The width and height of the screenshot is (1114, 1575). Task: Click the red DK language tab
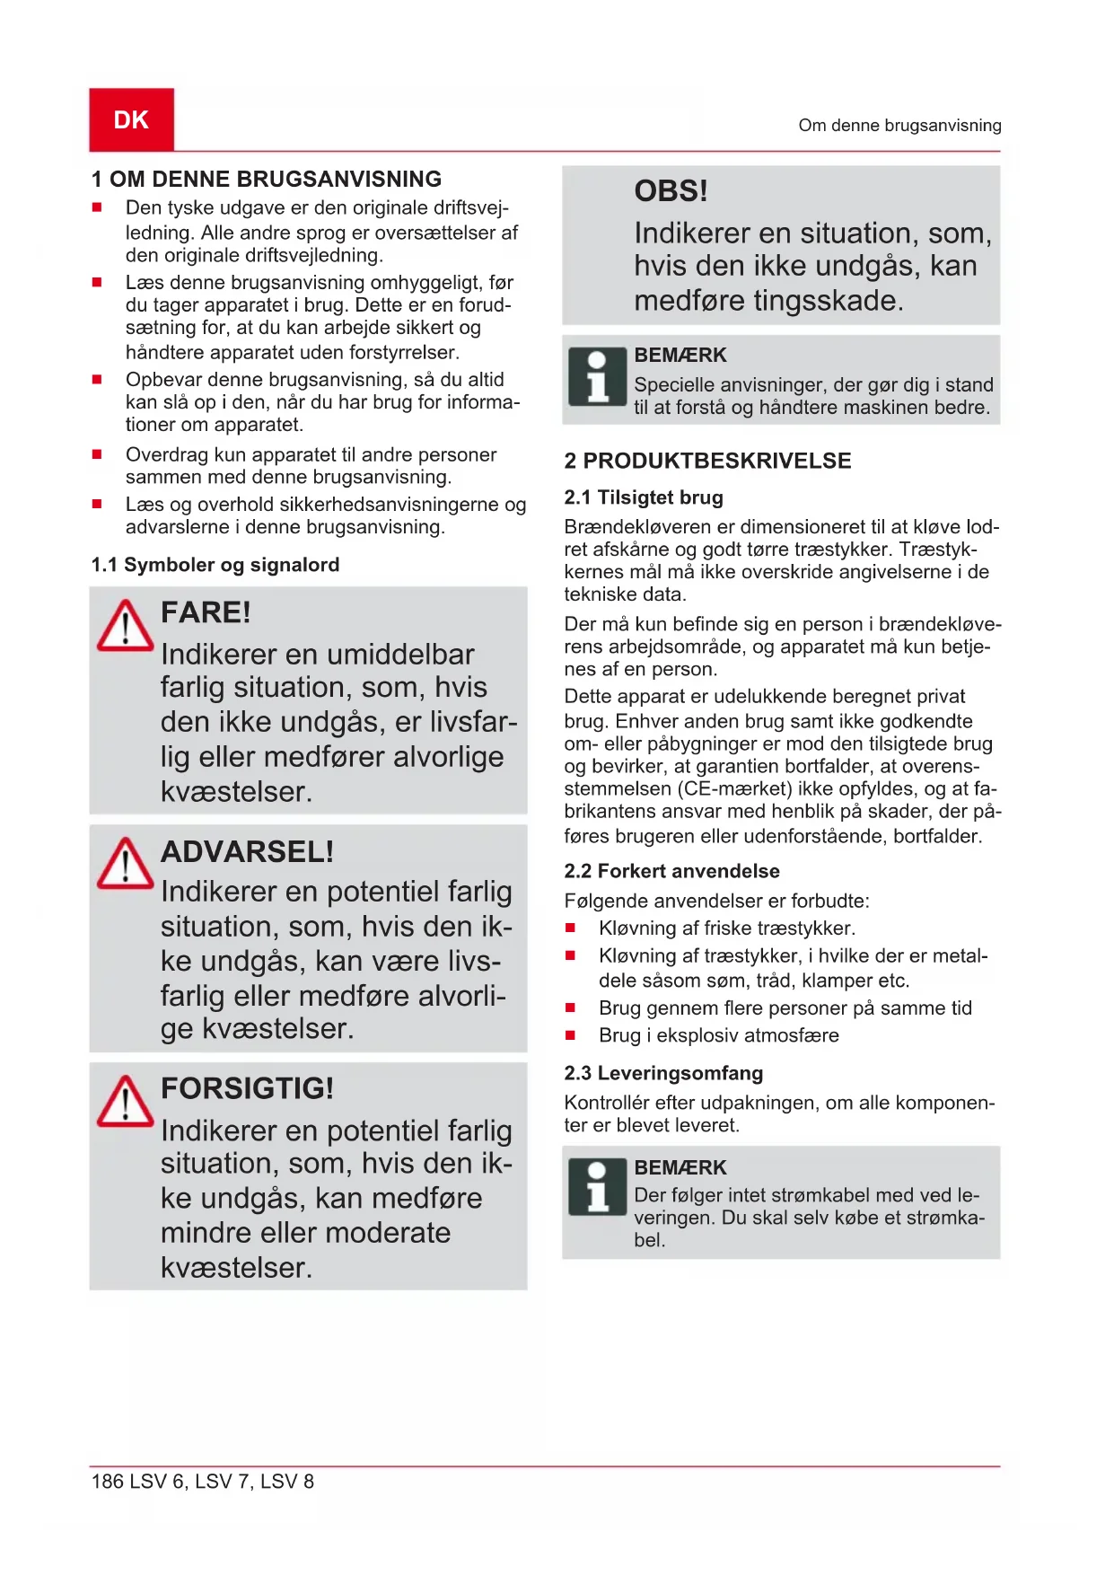click(131, 119)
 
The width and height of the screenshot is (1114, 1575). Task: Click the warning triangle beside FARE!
click(125, 625)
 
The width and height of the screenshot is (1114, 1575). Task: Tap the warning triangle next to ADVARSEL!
click(125, 864)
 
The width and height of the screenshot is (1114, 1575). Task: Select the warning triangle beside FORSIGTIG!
click(125, 1101)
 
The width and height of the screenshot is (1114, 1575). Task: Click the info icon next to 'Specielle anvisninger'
click(597, 376)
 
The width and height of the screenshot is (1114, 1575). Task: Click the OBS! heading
click(671, 191)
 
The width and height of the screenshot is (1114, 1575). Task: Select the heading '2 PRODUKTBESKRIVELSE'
click(707, 461)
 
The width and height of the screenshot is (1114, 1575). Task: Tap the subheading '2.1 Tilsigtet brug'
click(643, 497)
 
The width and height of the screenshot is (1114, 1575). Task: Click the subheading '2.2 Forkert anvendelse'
click(671, 871)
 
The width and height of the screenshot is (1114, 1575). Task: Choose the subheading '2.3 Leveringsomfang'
click(663, 1073)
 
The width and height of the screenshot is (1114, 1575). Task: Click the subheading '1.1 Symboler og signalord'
click(215, 565)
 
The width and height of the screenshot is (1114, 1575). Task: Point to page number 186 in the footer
click(107, 1482)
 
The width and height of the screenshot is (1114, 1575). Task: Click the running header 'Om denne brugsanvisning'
click(899, 126)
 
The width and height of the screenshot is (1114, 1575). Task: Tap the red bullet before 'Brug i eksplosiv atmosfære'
click(570, 1035)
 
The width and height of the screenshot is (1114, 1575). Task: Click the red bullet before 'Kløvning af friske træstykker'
click(570, 928)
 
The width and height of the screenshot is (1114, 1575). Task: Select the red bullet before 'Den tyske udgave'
click(97, 207)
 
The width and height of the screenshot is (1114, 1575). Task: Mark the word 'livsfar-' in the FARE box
click(473, 722)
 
